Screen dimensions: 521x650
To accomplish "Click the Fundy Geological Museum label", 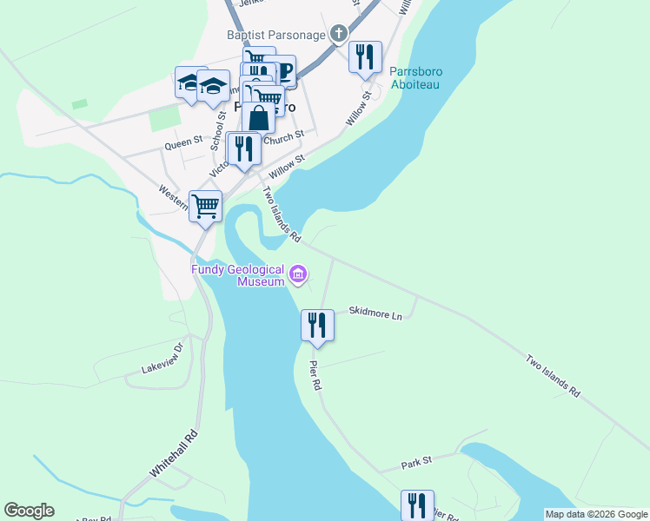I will [x=238, y=275].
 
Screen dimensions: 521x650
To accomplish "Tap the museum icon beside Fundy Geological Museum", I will [x=298, y=275].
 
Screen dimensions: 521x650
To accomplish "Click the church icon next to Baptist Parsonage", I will [x=339, y=35].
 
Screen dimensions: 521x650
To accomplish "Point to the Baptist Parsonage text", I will [x=276, y=36].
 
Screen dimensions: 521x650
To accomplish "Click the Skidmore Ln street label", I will [x=375, y=312].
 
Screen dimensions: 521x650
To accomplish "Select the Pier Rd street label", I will [x=316, y=373].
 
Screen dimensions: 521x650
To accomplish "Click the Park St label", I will [x=417, y=465].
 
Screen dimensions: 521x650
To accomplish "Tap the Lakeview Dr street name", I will [x=163, y=359].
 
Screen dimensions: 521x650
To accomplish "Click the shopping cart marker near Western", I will [x=206, y=207].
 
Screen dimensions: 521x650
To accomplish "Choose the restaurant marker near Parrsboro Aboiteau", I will [x=365, y=57].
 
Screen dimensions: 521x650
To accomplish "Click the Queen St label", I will [x=185, y=139].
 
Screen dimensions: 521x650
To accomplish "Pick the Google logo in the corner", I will [x=29, y=511].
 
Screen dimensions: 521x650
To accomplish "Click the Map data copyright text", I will [x=596, y=514].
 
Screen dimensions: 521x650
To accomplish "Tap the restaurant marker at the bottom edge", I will [x=416, y=505].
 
